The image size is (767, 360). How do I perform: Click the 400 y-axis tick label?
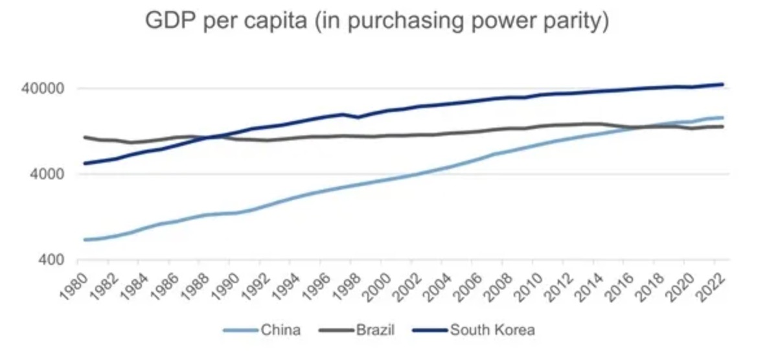coord(55,260)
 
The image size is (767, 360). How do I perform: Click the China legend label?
coord(280,330)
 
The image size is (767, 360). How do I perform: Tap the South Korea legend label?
coord(493,330)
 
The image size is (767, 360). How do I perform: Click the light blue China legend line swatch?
coord(240,330)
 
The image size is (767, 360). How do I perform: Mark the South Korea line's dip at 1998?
coord(358,117)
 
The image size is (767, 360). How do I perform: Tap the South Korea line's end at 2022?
coord(722,84)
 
